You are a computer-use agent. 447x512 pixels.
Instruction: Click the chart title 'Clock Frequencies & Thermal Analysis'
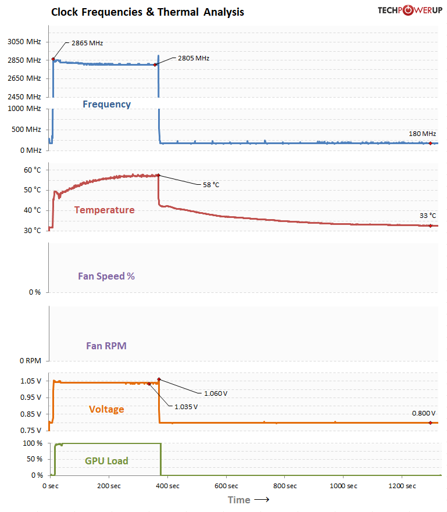tap(148, 12)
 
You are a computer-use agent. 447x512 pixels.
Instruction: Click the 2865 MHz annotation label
tap(87, 43)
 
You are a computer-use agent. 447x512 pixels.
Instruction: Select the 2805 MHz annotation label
tap(194, 58)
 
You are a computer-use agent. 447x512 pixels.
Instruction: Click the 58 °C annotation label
tap(211, 185)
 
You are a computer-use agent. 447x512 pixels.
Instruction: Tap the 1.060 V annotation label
tap(216, 393)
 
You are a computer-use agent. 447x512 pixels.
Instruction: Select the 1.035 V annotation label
tap(186, 406)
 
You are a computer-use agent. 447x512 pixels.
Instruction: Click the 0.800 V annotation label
tap(424, 413)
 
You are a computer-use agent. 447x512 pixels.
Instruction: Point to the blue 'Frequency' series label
tap(106, 105)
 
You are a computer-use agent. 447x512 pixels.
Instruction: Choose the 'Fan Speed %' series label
tap(106, 276)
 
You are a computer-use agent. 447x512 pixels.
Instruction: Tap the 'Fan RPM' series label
tap(106, 346)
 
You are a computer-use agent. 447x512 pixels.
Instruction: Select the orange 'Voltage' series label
tap(106, 409)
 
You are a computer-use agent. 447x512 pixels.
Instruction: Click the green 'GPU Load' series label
tap(106, 461)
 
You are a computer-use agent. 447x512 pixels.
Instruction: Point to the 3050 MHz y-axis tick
tap(24, 42)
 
